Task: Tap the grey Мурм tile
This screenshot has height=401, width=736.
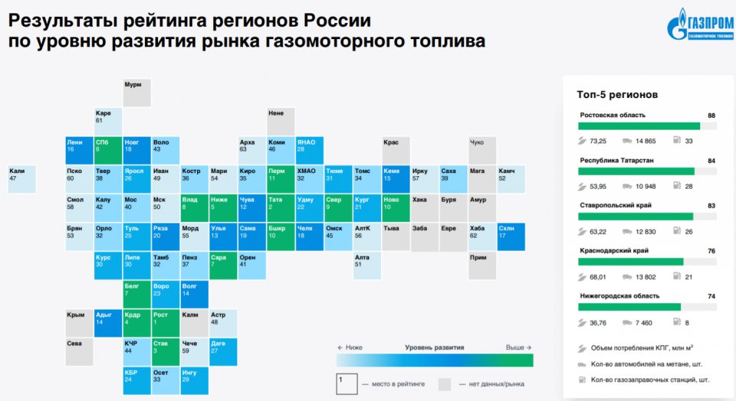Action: click(x=137, y=92)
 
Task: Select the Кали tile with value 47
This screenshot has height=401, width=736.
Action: click(x=21, y=179)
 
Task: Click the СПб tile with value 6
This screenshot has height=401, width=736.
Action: click(x=108, y=150)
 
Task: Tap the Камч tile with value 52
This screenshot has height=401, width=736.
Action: click(x=511, y=179)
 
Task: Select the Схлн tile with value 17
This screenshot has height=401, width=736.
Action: click(x=511, y=236)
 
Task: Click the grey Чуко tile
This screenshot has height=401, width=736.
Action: click(x=482, y=150)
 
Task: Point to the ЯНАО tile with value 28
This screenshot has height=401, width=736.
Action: click(x=310, y=150)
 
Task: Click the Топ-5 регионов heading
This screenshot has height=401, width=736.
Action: click(x=616, y=95)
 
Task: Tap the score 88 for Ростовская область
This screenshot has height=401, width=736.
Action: click(x=711, y=116)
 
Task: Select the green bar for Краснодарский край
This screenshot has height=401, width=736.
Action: click(x=631, y=262)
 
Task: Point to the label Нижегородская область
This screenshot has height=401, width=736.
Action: click(x=619, y=295)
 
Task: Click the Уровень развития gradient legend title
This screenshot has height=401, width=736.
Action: click(x=434, y=347)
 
